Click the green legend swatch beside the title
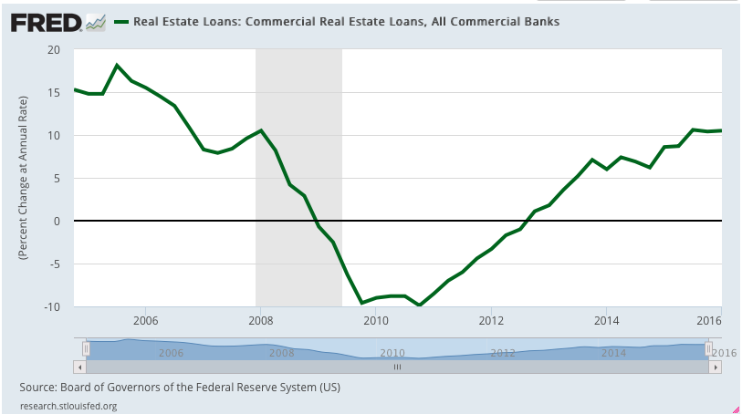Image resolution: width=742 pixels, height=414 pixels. [x=120, y=19]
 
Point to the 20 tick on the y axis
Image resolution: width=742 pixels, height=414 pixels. [x=57, y=49]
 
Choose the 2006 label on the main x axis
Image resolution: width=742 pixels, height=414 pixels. [x=145, y=320]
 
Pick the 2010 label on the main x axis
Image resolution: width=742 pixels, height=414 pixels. [x=375, y=320]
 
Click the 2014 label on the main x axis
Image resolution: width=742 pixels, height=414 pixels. [x=606, y=320]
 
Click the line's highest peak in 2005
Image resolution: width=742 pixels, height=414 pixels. [x=117, y=65]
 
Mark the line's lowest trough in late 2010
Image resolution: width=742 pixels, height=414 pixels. [x=419, y=305]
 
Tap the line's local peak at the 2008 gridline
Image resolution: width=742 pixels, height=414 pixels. [x=261, y=130]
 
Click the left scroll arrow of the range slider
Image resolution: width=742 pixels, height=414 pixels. [x=78, y=367]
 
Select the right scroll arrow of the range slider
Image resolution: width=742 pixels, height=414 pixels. [x=716, y=367]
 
